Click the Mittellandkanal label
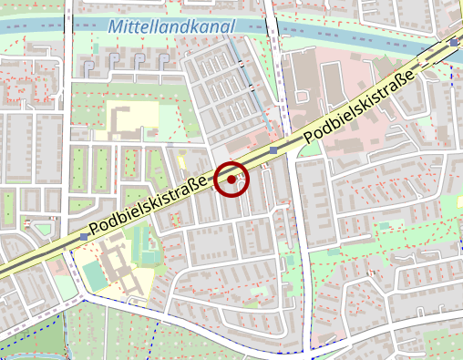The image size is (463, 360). pyautogui.click(x=170, y=27)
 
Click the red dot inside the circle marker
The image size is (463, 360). pyautogui.click(x=232, y=180)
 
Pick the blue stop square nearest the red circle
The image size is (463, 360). pyautogui.click(x=273, y=150)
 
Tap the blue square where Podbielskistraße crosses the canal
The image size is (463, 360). pyautogui.click(x=454, y=42)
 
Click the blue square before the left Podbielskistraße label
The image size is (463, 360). pyautogui.click(x=85, y=236)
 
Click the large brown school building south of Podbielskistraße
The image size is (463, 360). pyautogui.click(x=118, y=264)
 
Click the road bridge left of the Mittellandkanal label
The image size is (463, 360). pyautogui.click(x=67, y=26)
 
